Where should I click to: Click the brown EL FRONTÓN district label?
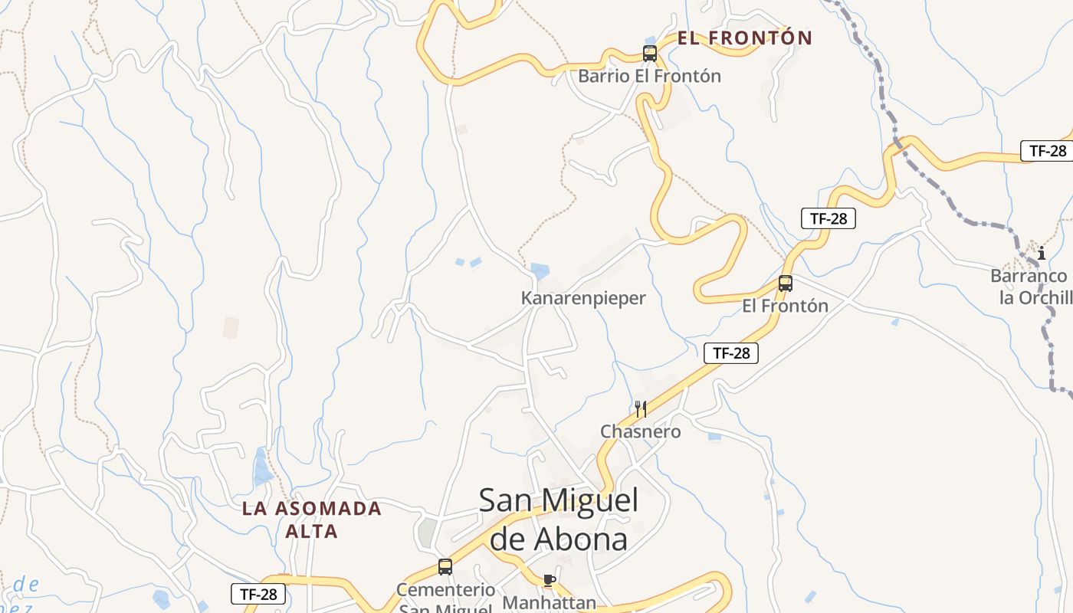744,38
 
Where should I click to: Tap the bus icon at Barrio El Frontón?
650,54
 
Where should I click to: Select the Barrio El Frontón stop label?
649,76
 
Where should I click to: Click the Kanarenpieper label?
583,298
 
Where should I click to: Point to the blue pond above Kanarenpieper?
540,270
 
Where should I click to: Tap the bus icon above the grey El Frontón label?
785,284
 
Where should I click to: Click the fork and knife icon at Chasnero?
641,408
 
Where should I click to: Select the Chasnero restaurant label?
640,431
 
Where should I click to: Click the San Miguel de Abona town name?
559,520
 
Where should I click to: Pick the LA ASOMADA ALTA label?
312,520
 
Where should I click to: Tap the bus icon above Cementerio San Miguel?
445,567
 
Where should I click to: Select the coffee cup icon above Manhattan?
549,580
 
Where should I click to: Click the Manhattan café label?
549,602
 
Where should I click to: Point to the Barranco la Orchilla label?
1032,287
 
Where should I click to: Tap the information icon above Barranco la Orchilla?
1041,253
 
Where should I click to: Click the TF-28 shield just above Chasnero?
731,352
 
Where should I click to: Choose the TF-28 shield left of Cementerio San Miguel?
258,593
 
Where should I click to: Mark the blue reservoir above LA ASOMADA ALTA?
262,468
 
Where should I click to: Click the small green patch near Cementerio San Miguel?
426,532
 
